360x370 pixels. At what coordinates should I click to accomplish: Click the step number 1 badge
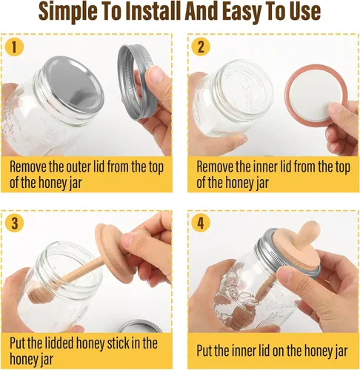[x=14, y=47]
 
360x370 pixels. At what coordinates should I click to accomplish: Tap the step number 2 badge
[x=201, y=47]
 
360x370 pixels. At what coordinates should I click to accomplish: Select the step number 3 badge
[x=14, y=223]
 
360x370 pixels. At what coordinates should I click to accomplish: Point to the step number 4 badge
[x=201, y=223]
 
